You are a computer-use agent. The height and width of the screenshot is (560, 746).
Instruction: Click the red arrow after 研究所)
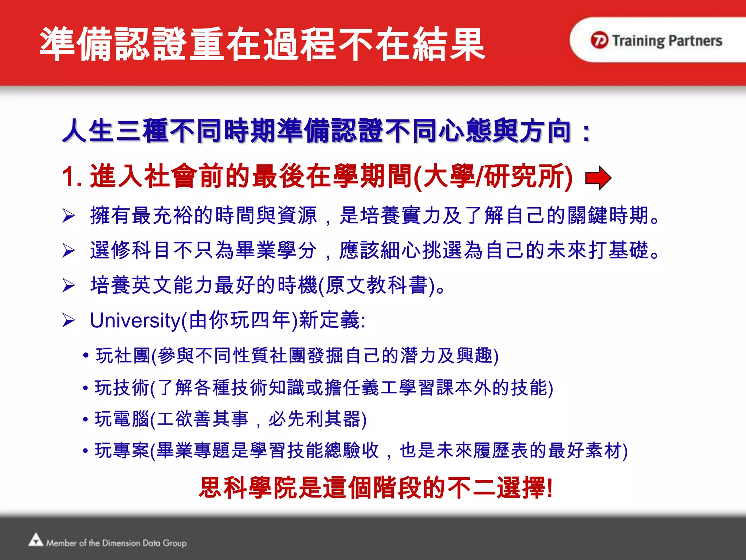coord(598,178)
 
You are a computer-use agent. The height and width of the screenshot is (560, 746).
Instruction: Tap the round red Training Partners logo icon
coord(599,40)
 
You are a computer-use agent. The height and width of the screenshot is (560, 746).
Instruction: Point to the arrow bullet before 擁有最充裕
coord(68,215)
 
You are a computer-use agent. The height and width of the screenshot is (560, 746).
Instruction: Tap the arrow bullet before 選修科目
coord(68,250)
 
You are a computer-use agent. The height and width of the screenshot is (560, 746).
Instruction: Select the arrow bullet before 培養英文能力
coord(68,285)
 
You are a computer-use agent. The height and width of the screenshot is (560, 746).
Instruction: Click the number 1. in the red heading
coord(72,177)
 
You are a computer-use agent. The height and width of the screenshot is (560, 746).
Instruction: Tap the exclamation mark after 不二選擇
coord(550,488)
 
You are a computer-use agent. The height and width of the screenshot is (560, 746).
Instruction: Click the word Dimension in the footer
coord(121,543)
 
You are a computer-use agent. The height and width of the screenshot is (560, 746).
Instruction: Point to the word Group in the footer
coord(174,543)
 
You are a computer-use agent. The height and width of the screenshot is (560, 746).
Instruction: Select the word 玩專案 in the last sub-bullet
coord(122,451)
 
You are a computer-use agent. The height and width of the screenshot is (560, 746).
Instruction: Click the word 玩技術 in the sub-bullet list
coord(122,388)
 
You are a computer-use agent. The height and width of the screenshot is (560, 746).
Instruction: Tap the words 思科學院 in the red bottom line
coord(248,488)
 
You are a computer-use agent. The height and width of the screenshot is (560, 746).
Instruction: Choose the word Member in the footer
coord(61,543)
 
